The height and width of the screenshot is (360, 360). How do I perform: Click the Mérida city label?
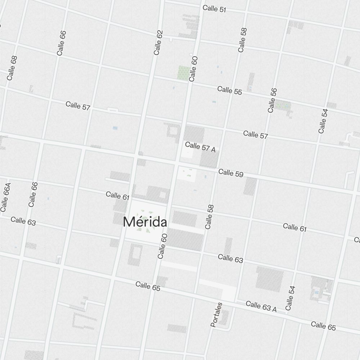[x=145, y=222]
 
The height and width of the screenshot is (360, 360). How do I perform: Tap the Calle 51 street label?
[x=214, y=9]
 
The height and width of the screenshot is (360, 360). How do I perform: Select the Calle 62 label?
[x=158, y=42]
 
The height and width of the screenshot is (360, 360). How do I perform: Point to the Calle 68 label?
[x=12, y=68]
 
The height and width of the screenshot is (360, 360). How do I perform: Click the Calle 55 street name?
[x=229, y=90]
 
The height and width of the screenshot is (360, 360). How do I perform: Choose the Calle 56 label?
[x=273, y=100]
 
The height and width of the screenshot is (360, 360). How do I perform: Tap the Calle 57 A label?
[x=200, y=147]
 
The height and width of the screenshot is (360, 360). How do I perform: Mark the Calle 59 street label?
[x=231, y=173]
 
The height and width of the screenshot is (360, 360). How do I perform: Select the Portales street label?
[x=216, y=315]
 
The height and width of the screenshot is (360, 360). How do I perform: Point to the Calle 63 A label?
[x=261, y=306]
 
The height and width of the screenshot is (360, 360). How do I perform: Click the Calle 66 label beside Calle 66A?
[x=33, y=194]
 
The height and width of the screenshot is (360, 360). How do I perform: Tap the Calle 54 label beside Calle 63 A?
[x=290, y=298]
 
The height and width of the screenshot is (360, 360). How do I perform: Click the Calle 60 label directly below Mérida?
[x=163, y=246]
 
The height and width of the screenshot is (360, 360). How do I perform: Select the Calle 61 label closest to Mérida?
[x=118, y=195]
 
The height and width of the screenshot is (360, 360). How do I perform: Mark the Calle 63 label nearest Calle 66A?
[x=23, y=221]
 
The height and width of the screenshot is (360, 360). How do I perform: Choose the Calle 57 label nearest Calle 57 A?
[x=256, y=135]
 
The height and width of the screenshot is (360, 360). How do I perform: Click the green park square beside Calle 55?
[x=184, y=72]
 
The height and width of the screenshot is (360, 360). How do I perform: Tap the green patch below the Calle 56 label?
[x=283, y=105]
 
